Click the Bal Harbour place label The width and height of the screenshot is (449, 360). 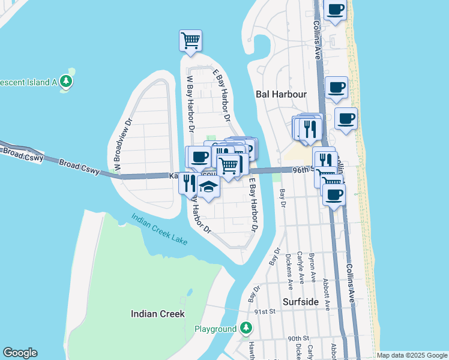tap(281, 94)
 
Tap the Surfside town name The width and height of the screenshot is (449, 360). tap(300, 302)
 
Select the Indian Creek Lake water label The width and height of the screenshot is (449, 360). tap(160, 230)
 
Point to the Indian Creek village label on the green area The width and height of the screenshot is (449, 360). tap(158, 314)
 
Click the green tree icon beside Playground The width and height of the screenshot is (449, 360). tap(246, 328)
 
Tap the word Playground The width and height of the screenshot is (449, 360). tap(215, 329)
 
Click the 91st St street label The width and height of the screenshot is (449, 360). tap(264, 312)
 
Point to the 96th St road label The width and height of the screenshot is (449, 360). tap(303, 170)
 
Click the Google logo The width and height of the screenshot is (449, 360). tap(20, 353)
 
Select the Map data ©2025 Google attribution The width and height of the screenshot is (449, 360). tap(412, 355)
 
